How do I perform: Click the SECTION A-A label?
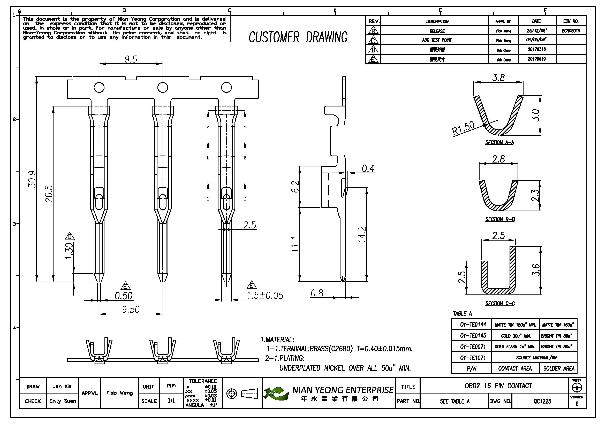499,142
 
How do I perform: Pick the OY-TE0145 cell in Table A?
471,336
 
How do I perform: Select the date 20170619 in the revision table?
537,59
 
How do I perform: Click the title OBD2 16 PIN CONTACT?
498,386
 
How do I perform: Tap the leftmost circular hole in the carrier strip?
99,87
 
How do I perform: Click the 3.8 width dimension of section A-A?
498,78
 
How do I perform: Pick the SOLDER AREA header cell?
558,369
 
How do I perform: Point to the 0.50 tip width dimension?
124,296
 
